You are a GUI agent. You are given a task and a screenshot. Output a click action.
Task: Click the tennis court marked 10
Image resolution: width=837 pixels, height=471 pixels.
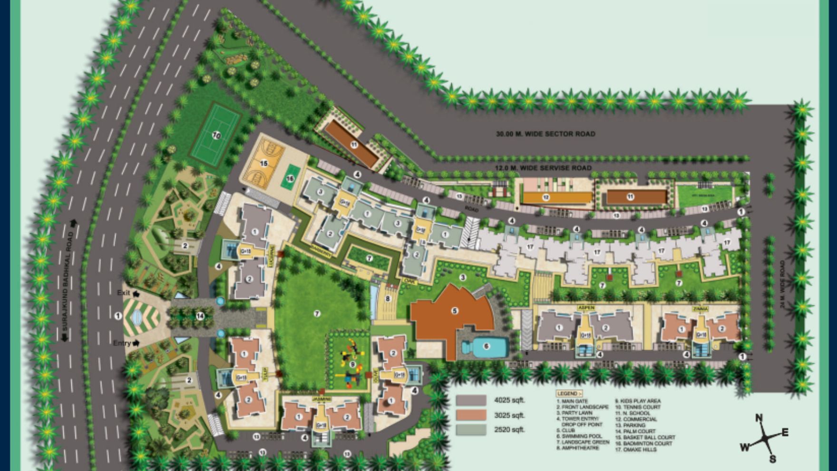[216, 136]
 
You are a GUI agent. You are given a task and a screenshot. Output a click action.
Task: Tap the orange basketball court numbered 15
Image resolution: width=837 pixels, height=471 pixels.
[264, 164]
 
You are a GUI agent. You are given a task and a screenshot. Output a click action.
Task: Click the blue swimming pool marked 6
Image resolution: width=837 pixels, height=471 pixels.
[486, 346]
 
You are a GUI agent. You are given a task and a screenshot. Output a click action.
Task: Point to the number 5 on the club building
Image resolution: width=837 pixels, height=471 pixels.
[455, 311]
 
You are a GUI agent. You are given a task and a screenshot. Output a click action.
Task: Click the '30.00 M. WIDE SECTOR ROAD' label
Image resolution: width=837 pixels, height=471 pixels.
[545, 134]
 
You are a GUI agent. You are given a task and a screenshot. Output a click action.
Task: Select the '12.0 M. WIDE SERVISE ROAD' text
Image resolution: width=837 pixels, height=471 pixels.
[543, 168]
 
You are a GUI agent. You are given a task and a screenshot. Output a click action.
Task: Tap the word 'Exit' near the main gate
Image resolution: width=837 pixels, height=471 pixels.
[124, 293]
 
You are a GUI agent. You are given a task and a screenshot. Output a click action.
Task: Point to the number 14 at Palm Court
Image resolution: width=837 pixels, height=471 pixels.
[200, 316]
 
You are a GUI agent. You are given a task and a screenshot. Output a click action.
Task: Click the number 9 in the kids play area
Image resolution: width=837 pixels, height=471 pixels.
[352, 364]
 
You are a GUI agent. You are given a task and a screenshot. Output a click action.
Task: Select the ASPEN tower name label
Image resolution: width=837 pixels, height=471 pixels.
[586, 308]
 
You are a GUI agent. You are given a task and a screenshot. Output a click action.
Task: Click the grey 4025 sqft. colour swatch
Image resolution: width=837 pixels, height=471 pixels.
[471, 400]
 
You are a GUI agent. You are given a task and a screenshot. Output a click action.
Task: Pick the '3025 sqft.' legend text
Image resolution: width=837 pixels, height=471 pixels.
[509, 415]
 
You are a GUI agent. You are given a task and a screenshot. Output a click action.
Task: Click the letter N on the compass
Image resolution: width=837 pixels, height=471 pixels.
[759, 418]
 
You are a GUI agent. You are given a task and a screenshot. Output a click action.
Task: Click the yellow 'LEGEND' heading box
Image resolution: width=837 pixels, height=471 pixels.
[569, 393]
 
